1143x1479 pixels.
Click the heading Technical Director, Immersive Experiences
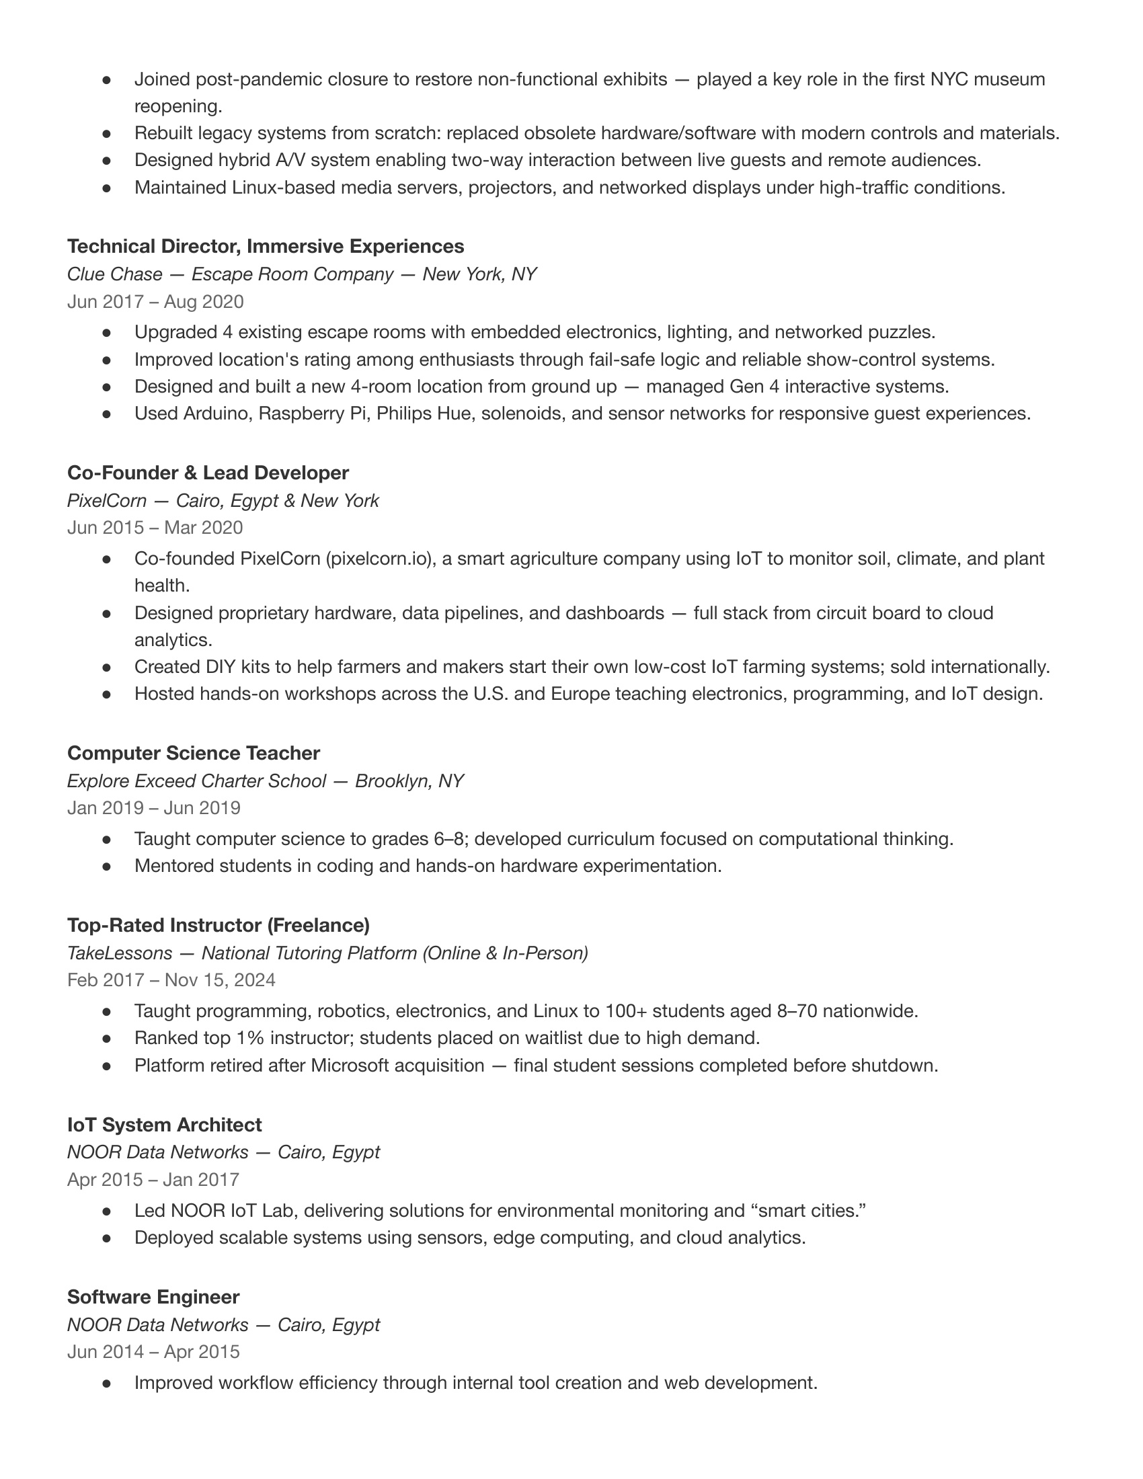(x=266, y=246)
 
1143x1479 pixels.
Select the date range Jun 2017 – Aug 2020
(x=155, y=301)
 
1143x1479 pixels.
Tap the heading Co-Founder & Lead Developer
(x=208, y=473)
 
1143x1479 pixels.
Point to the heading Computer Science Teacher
(x=193, y=753)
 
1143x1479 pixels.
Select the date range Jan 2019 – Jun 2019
(x=154, y=808)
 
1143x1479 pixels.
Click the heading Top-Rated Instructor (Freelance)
(x=218, y=925)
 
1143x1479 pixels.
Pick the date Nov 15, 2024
(x=220, y=980)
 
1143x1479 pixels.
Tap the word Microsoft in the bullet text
(x=350, y=1066)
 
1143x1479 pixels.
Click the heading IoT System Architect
(x=164, y=1125)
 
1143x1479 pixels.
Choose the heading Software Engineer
(x=153, y=1297)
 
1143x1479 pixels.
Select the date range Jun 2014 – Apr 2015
(x=153, y=1352)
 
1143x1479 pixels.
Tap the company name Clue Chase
(x=114, y=274)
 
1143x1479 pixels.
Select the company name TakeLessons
(x=119, y=953)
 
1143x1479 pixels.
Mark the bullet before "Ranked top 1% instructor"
(x=106, y=1038)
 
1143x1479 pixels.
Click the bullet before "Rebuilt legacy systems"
(x=106, y=133)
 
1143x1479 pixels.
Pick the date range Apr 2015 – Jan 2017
(x=153, y=1180)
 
